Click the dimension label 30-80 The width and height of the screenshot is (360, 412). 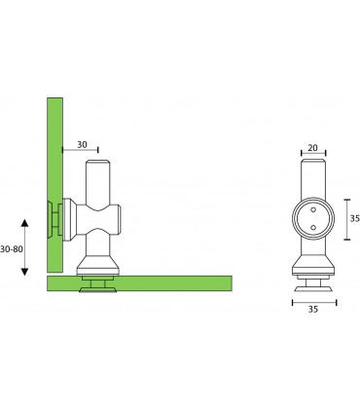(x=12, y=249)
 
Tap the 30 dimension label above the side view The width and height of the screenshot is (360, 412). (x=82, y=144)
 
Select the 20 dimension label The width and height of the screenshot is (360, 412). (x=312, y=148)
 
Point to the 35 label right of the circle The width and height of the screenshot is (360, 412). (x=355, y=219)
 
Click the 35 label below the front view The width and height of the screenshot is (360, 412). (x=313, y=310)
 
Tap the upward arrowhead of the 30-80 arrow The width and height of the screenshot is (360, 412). (x=24, y=223)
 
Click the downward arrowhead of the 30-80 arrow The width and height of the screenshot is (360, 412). (x=24, y=272)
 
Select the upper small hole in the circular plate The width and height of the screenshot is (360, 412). (x=313, y=209)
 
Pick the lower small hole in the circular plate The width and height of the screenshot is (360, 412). (x=313, y=227)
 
